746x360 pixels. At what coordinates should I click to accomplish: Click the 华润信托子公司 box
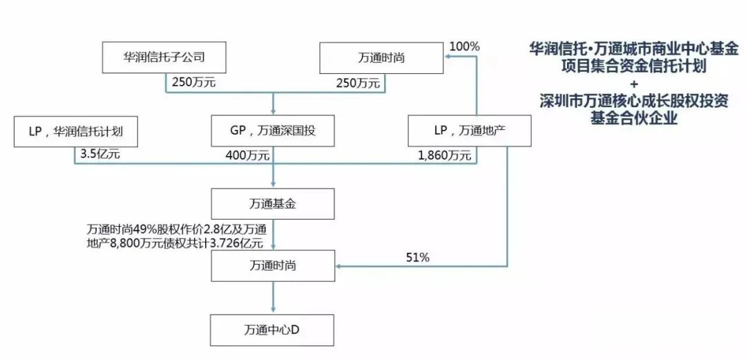click(x=164, y=57)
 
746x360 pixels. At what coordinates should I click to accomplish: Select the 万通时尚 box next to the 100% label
click(x=381, y=57)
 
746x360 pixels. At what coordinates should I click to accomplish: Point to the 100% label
click(x=464, y=47)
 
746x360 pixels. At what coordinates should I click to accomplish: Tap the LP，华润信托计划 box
click(x=76, y=131)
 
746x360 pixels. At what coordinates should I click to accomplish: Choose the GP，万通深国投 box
click(x=273, y=131)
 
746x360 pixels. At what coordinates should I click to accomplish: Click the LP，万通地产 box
click(x=469, y=131)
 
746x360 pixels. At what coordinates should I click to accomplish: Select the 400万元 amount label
click(x=247, y=155)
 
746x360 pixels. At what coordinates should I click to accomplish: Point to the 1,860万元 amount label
click(x=445, y=155)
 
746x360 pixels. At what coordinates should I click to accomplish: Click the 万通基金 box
click(x=273, y=204)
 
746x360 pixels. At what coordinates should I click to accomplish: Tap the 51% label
click(x=418, y=258)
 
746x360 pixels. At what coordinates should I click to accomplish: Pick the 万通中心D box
click(x=273, y=330)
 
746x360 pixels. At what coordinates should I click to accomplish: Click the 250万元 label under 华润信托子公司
click(x=194, y=82)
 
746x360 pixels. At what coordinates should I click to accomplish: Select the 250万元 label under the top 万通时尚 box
click(x=358, y=83)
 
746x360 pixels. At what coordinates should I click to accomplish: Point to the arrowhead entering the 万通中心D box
click(x=273, y=310)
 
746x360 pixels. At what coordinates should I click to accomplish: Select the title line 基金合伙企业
click(x=633, y=117)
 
